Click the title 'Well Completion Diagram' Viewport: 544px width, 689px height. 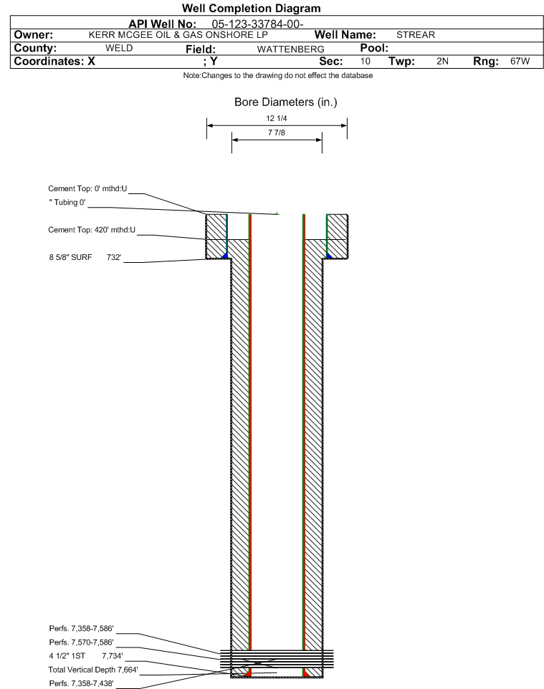251,8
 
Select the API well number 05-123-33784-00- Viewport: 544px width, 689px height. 258,24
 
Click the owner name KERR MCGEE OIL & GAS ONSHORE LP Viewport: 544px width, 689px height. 178,34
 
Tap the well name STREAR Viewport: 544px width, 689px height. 416,34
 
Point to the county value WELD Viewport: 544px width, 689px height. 119,48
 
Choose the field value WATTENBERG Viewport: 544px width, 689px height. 291,49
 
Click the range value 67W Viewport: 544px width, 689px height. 520,61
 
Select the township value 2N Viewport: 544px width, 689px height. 442,61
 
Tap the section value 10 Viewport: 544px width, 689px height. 365,61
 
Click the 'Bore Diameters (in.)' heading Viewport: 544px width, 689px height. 286,102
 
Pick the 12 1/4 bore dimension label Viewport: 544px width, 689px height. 277,118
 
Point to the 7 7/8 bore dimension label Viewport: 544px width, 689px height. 277,132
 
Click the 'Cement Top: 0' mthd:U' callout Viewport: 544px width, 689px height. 87,188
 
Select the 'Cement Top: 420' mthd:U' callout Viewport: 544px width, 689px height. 92,229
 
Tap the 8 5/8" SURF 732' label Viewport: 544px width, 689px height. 85,257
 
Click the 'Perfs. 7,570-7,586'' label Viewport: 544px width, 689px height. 82,642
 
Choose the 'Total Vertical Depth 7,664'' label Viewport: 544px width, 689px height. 93,670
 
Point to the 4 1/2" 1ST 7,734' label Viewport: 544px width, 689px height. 86,656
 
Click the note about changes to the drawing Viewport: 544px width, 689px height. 278,75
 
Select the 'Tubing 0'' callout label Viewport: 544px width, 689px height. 67,202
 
